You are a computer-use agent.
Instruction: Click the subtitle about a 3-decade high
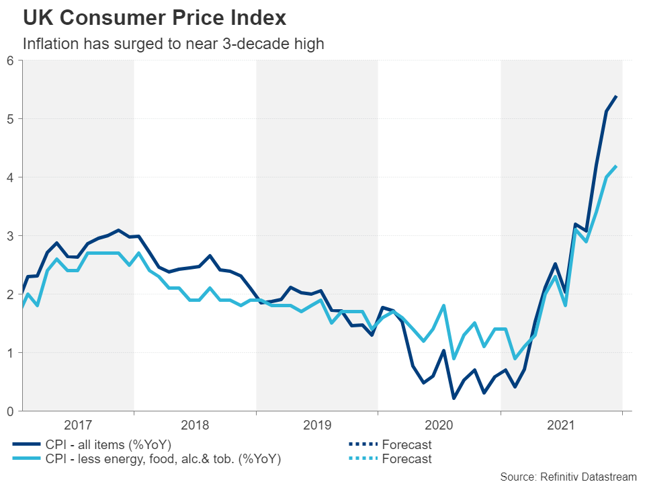coord(173,44)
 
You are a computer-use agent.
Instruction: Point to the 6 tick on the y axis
coord(10,61)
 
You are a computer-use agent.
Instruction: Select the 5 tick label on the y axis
coord(10,119)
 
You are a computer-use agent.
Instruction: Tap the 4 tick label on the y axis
coord(10,177)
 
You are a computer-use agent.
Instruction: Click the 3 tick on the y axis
coord(10,236)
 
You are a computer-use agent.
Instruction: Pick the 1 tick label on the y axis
coord(10,353)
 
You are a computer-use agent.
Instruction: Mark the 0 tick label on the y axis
coord(10,411)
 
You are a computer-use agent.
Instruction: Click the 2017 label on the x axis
coord(78,425)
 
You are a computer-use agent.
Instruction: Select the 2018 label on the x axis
coord(195,425)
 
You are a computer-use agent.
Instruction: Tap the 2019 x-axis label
coord(317,425)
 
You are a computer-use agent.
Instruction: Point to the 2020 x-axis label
coord(439,425)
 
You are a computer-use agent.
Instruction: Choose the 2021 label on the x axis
coord(561,425)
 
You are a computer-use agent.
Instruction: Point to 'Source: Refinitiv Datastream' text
coord(568,477)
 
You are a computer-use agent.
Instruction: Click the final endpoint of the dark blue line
coord(616,97)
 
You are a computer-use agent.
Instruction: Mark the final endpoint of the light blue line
coord(616,167)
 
